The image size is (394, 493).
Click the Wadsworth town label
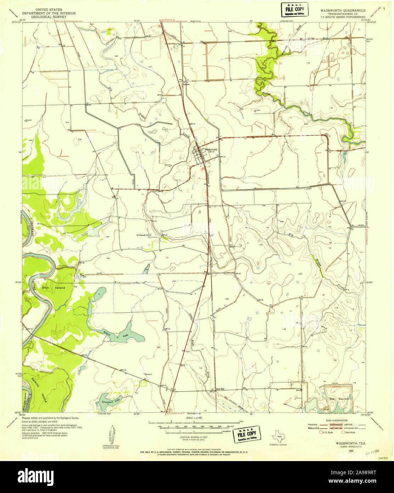(213, 149)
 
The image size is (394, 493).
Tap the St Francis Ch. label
(144, 234)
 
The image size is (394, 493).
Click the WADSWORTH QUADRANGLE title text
(342, 10)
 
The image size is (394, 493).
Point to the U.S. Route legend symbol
(321, 432)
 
